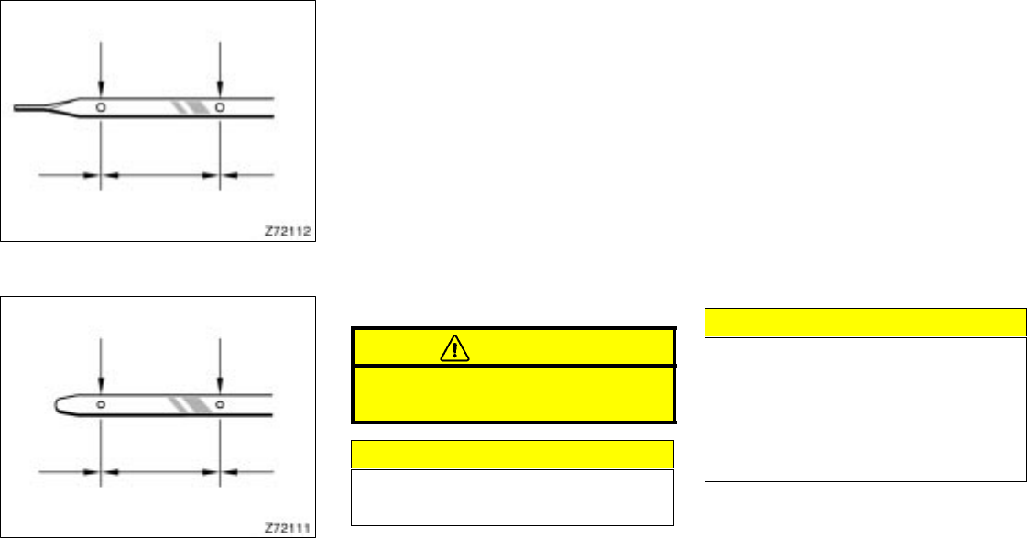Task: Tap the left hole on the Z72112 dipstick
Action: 101,107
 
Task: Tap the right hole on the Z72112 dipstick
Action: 220,107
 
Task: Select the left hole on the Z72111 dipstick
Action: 101,404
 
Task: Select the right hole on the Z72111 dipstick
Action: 220,404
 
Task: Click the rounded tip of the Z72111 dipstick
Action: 51,404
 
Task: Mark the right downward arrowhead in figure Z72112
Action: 220,88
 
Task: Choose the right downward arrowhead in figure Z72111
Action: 220,385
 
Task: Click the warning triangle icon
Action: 453,347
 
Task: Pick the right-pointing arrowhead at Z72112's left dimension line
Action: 92,172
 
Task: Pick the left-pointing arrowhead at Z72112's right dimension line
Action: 228,172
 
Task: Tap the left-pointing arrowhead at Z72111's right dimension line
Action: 228,471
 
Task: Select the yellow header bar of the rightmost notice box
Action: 865,323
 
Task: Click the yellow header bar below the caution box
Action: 513,455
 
